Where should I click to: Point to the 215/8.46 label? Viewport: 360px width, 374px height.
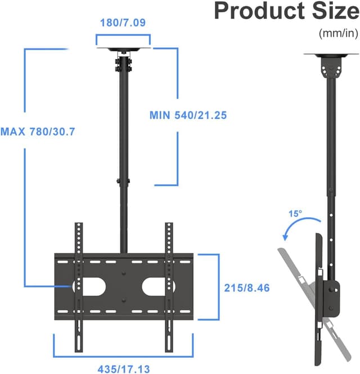click(246, 287)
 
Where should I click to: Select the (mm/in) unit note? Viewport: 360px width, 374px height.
click(337, 33)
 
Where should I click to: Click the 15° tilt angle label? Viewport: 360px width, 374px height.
click(296, 214)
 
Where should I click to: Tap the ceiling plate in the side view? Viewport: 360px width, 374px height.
click(329, 55)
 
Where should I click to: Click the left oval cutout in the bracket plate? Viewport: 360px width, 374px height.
click(93, 286)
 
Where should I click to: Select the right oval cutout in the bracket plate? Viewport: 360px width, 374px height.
click(155, 286)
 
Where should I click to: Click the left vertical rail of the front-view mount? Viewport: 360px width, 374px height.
click(78, 287)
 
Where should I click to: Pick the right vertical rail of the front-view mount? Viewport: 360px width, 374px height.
click(168, 287)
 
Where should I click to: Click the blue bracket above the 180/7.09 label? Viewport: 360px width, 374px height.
click(123, 39)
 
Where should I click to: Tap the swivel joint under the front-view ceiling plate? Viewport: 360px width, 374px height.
click(123, 62)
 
